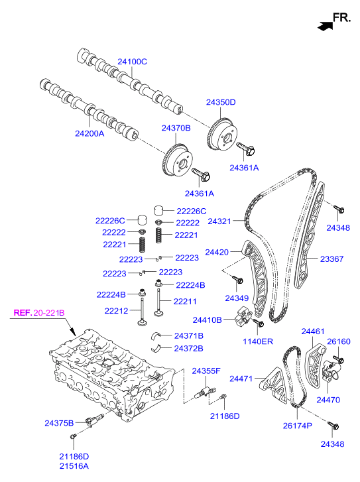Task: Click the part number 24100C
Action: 133,62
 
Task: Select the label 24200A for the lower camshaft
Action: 90,133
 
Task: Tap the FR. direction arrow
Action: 325,26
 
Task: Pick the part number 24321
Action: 221,221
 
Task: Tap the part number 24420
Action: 217,252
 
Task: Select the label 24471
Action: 241,379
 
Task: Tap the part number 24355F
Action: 206,370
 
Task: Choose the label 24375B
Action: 58,422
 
